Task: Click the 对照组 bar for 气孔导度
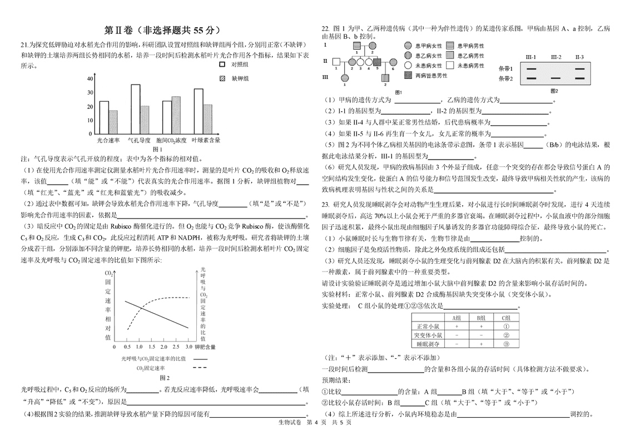(x=136, y=109)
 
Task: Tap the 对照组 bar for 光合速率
(x=104, y=117)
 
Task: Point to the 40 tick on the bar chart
(x=90, y=78)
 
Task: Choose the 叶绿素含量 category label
(x=206, y=141)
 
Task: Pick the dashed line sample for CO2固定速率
(x=198, y=368)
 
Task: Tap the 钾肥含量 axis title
(x=205, y=347)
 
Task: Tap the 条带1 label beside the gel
(x=506, y=68)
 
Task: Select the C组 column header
(x=506, y=318)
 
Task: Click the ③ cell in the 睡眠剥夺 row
(x=506, y=344)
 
